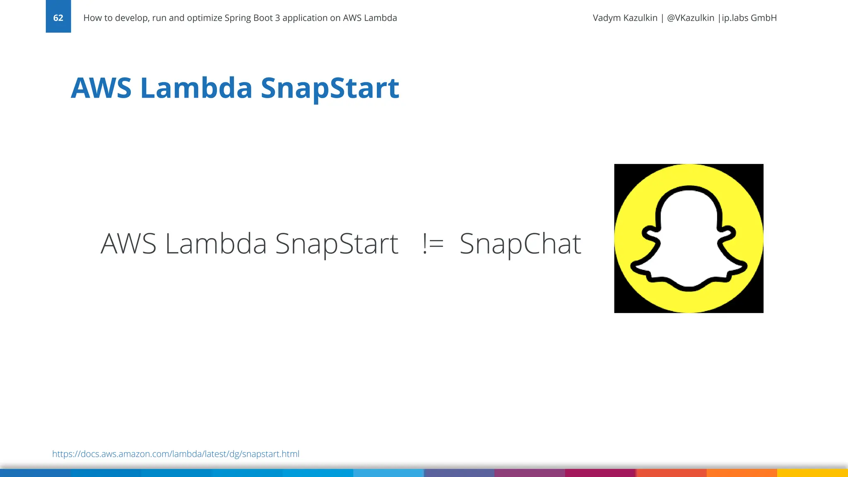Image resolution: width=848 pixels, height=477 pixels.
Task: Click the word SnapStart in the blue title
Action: (x=330, y=88)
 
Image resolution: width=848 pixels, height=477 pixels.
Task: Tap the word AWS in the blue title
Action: (x=101, y=88)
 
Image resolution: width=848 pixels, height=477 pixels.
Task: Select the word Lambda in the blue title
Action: (x=196, y=88)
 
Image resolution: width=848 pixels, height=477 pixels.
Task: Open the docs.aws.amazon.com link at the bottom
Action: (x=176, y=454)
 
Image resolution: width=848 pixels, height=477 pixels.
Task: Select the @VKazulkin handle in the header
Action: (x=690, y=18)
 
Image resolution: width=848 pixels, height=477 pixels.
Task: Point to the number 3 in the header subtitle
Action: (x=277, y=18)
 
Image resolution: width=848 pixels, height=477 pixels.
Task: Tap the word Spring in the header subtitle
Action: (x=237, y=18)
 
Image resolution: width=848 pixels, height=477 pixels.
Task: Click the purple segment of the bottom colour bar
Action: (x=530, y=473)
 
